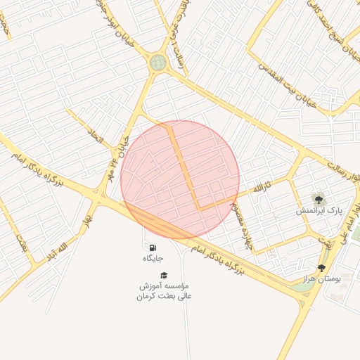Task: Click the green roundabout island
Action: pos(158,63)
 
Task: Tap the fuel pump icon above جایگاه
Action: pos(153,248)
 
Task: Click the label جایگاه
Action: pos(153,259)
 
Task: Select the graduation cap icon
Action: pos(164,275)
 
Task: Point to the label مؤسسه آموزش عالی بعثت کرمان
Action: pos(164,291)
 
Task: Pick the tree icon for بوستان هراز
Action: pos(322,267)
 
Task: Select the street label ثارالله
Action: pos(261,188)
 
